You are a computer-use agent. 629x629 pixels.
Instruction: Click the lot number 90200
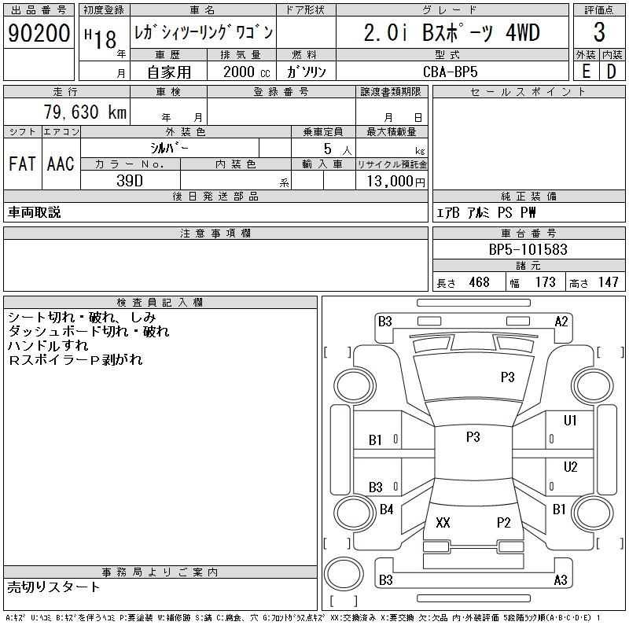[39, 33]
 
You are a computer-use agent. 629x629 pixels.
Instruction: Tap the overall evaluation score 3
[599, 33]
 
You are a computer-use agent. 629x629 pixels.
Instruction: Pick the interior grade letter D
[611, 71]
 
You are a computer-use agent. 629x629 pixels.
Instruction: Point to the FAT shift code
[22, 164]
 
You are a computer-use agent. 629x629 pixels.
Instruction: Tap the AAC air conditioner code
[61, 164]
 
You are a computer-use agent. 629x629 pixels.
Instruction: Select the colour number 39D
[130, 180]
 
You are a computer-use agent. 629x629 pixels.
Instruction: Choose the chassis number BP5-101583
[528, 250]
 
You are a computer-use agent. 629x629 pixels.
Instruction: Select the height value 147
[607, 282]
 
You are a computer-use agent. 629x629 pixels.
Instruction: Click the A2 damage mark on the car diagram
[561, 322]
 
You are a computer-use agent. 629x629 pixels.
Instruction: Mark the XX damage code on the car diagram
[443, 523]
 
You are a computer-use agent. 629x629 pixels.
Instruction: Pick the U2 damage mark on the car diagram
[571, 467]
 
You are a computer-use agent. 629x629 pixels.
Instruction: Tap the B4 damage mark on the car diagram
[386, 509]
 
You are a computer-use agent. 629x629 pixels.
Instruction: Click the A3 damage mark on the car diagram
[561, 580]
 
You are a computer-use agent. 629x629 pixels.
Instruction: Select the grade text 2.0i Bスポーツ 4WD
[452, 33]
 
